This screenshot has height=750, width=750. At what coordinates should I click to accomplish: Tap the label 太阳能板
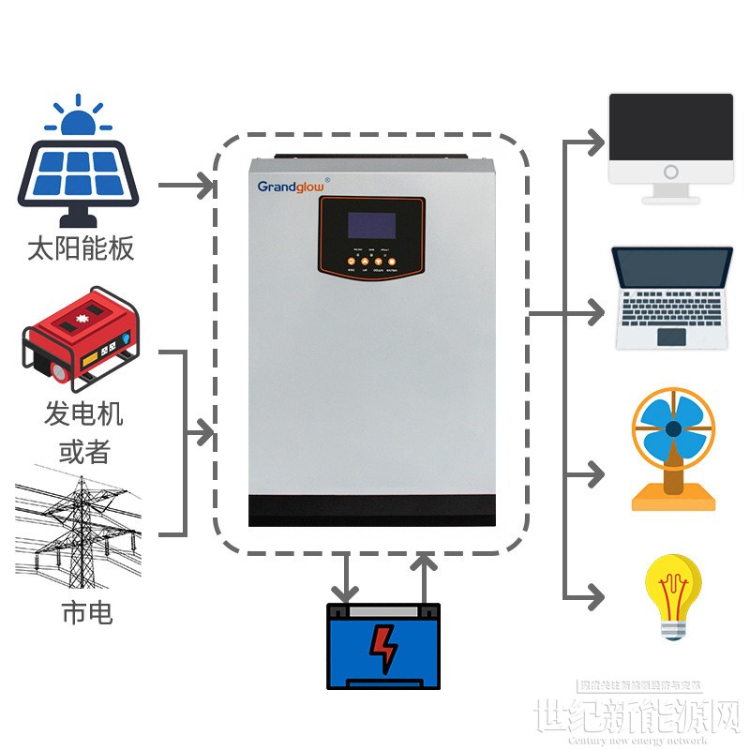coord(81,248)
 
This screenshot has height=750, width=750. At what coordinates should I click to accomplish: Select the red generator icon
coord(82,338)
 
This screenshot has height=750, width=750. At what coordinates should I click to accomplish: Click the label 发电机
coord(83,413)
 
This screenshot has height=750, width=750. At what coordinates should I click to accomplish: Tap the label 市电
coord(87,613)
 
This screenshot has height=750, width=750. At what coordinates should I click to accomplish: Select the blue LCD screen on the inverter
coord(371,225)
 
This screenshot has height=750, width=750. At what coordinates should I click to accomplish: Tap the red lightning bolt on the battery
coord(382,647)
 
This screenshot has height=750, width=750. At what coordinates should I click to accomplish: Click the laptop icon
coord(672,298)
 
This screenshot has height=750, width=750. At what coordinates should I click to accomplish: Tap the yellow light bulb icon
coord(673,596)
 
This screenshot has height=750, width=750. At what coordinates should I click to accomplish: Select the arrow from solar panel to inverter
coord(187,185)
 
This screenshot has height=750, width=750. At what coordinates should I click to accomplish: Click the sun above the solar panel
coord(79,116)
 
